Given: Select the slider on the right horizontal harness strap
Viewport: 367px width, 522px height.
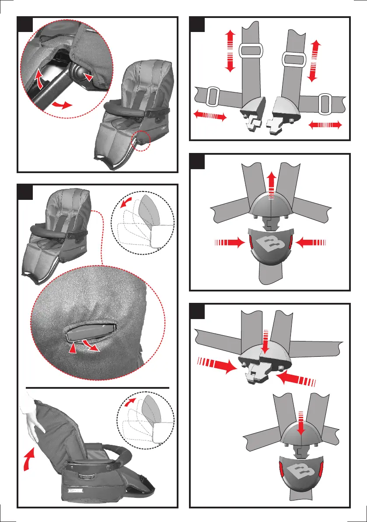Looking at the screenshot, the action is pyautogui.click(x=325, y=103).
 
